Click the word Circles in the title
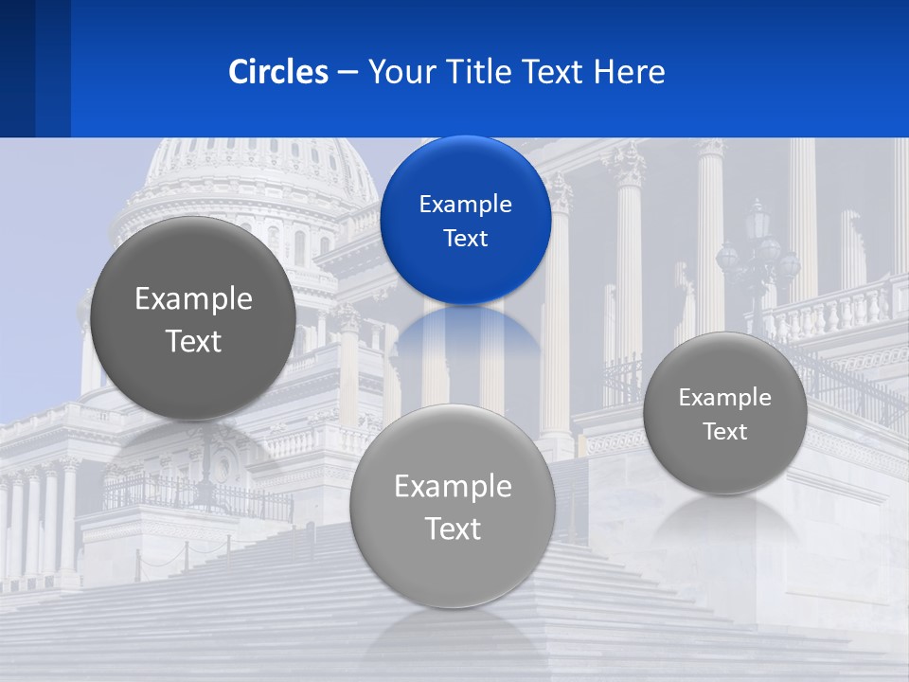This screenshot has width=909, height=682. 277,71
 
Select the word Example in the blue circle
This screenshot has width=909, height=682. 465,204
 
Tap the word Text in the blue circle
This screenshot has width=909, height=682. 465,238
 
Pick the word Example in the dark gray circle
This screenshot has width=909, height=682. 193,298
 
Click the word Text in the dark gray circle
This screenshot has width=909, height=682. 193,341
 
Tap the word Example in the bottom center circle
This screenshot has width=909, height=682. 453,486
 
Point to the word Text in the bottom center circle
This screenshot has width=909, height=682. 453,529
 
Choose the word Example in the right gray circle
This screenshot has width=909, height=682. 724,397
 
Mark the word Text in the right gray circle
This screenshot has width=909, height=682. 724,431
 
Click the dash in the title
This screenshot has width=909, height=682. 347,71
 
